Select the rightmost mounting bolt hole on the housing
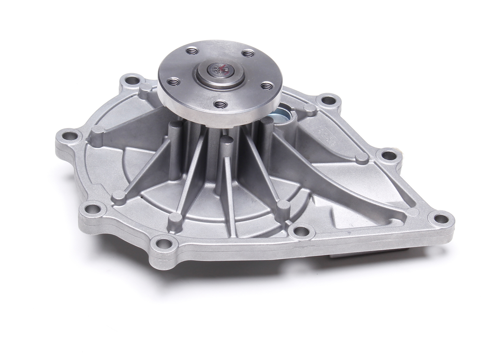pos(437,216)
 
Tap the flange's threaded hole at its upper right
pos(249,52)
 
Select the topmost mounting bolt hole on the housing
pos(132,79)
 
